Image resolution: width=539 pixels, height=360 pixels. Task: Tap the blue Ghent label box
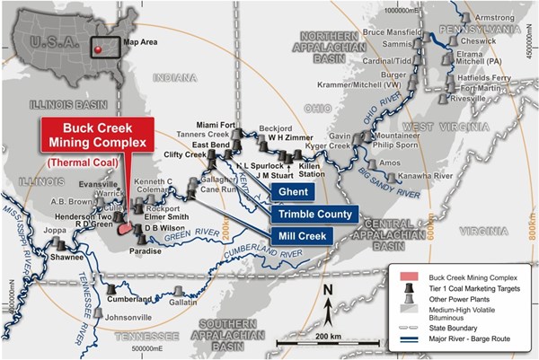click(295, 192)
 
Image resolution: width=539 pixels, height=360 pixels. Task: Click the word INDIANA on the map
click(168, 78)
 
